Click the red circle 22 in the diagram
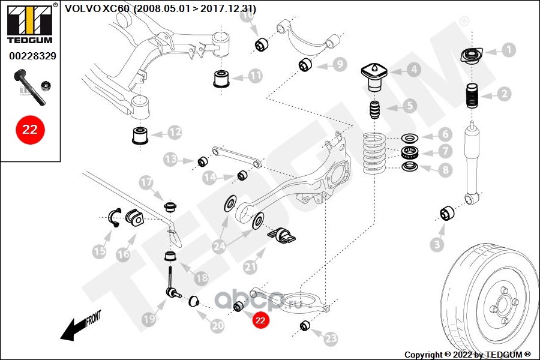click(x=260, y=320)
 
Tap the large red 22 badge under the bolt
click(x=30, y=130)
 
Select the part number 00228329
click(x=32, y=56)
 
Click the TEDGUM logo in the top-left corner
click(x=30, y=23)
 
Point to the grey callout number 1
click(x=509, y=50)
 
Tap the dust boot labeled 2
click(x=472, y=96)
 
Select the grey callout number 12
click(x=175, y=132)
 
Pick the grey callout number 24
click(x=220, y=246)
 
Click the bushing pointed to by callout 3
click(x=447, y=213)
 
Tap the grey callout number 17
click(x=146, y=182)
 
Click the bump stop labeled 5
click(x=374, y=110)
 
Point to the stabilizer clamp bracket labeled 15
click(x=113, y=218)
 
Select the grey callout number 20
click(x=217, y=326)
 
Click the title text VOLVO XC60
click(x=97, y=8)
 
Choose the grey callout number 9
click(x=340, y=64)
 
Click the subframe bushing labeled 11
click(x=221, y=79)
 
